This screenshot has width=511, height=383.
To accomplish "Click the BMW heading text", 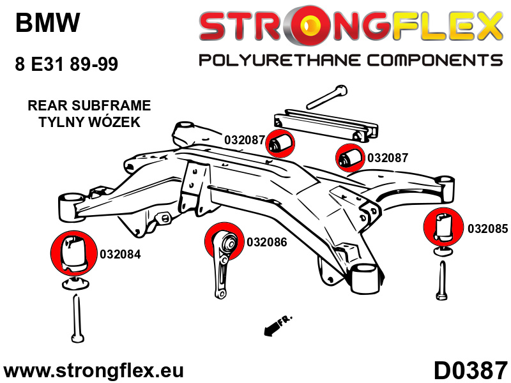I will tap(48, 24).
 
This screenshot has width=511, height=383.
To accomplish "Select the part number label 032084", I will tap(120, 254).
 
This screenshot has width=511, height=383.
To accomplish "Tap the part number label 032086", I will tap(266, 242).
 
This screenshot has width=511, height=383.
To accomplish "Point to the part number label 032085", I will tap(488, 228).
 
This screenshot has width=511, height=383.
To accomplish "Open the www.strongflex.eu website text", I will tap(94, 371).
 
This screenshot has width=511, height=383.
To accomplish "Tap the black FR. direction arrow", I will tap(273, 326).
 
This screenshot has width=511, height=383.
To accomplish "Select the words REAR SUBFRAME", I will tap(89, 105).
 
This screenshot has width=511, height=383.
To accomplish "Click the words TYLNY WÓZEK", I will tap(89, 122).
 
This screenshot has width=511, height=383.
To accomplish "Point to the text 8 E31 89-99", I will tap(66, 64).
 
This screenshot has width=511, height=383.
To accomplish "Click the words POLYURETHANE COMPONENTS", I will tap(350, 61).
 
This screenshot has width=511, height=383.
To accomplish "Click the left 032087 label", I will tap(244, 140).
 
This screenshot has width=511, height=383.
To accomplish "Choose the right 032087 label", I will tap(388, 157).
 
